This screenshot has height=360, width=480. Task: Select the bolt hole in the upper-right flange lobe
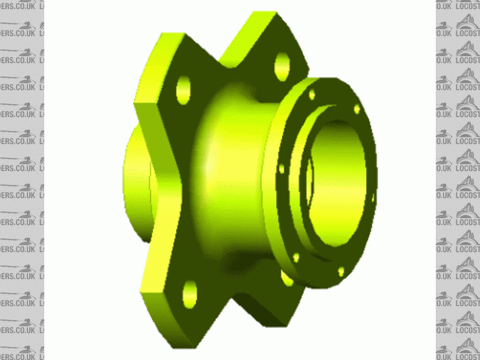[x=282, y=66]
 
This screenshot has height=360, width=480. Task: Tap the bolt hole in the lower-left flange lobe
[x=190, y=294]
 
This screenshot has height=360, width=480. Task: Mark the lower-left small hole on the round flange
[x=295, y=257]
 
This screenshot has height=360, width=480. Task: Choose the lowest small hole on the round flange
[x=341, y=270]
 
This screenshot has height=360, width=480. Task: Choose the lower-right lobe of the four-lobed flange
[x=259, y=304]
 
